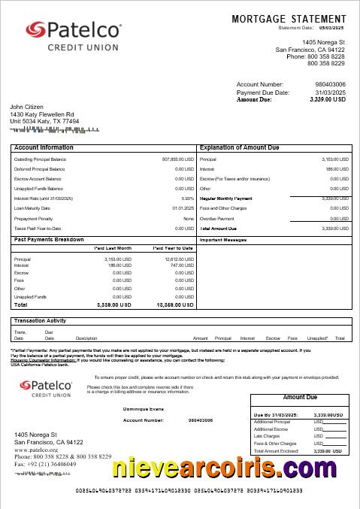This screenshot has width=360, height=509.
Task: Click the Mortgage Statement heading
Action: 289,18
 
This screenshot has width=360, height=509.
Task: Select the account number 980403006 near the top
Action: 330,84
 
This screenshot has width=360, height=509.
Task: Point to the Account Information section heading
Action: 44,148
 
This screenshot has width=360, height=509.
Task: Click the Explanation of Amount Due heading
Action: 244,148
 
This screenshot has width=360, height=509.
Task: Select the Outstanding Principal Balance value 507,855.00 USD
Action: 177,159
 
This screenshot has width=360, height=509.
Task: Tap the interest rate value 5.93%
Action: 187,198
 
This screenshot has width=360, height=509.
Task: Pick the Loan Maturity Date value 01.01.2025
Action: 183,208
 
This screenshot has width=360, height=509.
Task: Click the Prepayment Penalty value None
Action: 189,218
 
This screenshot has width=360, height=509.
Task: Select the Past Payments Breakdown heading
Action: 49,239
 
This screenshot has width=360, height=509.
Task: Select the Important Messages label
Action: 223,240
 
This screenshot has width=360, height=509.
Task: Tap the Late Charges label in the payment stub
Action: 268,436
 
